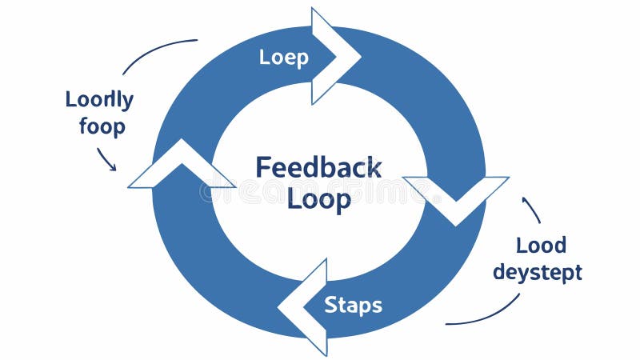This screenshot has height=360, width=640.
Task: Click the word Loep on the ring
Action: pos(284,58)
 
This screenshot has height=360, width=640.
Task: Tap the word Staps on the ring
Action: pos(353,305)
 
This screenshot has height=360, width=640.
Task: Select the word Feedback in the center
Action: pos(318,167)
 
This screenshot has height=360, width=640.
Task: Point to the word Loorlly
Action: pos(99,100)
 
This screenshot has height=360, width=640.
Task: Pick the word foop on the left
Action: pos(102,126)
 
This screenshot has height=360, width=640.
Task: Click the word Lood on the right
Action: pos(541,245)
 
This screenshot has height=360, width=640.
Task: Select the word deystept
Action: pos(537,272)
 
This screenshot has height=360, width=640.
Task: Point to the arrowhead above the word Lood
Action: pos(526,199)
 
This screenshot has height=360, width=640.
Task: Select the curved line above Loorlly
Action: pos(156,50)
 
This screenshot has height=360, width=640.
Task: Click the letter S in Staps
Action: pos(330,305)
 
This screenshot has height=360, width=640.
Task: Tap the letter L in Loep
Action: pos(265,57)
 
